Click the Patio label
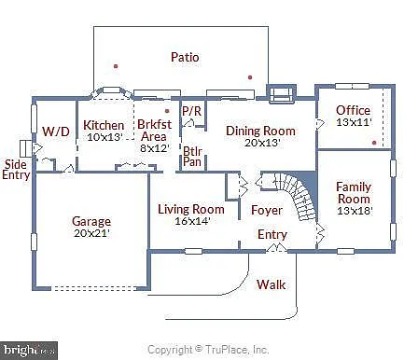click(185, 57)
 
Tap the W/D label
click(56, 131)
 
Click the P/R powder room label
click(192, 111)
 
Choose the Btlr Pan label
click(193, 156)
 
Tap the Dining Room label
click(260, 131)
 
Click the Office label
click(353, 110)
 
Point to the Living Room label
click(190, 209)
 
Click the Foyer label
click(266, 210)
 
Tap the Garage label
click(91, 222)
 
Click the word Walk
click(272, 284)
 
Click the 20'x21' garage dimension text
click(91, 234)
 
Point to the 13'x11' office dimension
click(353, 122)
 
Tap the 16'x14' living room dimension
click(190, 221)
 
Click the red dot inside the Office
click(374, 143)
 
